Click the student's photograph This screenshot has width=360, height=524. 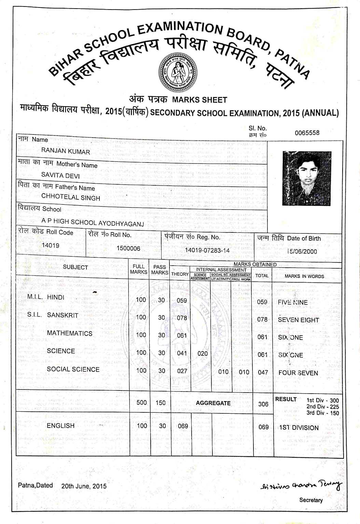tap(306, 178)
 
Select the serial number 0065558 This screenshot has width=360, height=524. tap(307, 133)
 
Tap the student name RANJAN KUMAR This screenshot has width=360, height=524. tap(66, 151)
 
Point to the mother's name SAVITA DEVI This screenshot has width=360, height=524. tap(60, 175)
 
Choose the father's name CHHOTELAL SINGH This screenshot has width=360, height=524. tap(71, 197)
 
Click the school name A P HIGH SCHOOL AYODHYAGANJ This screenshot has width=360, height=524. tap(93, 222)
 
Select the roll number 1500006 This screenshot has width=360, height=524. tap(128, 248)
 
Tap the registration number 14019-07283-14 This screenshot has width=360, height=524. tap(207, 250)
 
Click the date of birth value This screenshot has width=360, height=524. tap(302, 252)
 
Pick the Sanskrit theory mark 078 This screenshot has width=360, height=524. tap(182, 318)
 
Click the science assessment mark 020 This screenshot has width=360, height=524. tap(203, 354)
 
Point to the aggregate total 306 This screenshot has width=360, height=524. tap(263, 404)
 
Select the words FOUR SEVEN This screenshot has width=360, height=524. tap(298, 373)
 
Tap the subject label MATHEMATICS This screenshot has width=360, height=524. tap(70, 333)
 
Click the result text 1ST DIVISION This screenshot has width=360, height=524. tap(299, 428)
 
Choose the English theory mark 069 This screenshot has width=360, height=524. tap(183, 426)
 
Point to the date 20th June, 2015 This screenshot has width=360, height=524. tap(84, 486)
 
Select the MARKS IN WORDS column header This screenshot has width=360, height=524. tap(304, 276)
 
